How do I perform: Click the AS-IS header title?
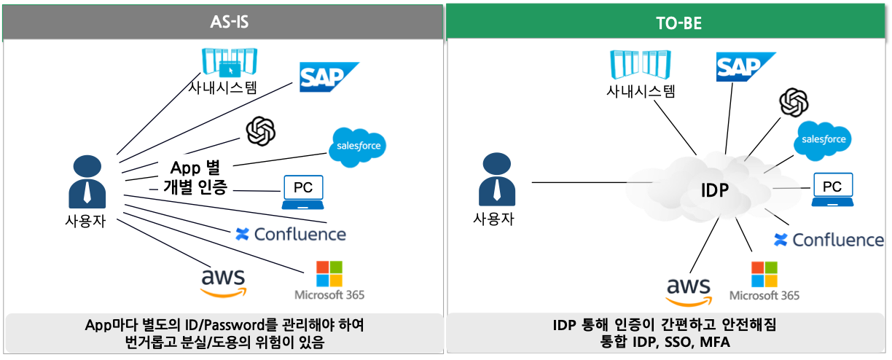222,23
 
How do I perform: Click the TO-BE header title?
668,23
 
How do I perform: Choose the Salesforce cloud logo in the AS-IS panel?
357,146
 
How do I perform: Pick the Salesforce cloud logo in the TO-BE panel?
823,138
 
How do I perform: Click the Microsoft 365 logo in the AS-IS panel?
329,280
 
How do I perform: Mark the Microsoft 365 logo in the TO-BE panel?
764,281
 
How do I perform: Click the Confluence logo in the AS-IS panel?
290,234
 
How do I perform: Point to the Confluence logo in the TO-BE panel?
829,240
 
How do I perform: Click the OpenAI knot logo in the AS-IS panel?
261,131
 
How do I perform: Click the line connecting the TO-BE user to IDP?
579,182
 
